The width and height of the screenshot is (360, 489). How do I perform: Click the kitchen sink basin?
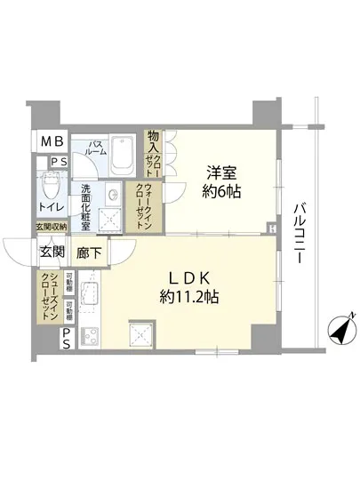[x=142, y=336]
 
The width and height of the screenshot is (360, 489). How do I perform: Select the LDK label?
[x=186, y=276]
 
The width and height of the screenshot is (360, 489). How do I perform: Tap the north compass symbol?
[x=341, y=330]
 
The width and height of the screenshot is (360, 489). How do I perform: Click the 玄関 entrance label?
[x=52, y=252]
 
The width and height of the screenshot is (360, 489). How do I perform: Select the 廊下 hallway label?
[x=89, y=252]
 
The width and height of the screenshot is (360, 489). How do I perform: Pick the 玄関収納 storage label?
[x=52, y=228]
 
